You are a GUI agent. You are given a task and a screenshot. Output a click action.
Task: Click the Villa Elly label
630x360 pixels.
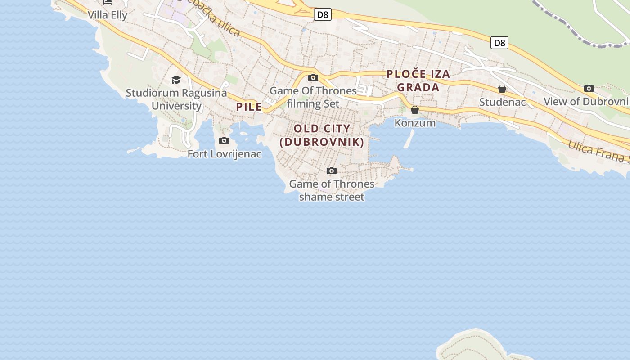click(108, 15)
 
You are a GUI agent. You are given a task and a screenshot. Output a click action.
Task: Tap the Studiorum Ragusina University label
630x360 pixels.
click(176, 99)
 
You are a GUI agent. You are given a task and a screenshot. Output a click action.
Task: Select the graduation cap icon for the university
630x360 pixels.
click(176, 80)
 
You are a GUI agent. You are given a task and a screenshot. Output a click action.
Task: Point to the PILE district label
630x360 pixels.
click(249, 107)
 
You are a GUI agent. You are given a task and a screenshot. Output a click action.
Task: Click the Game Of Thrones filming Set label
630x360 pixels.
click(313, 97)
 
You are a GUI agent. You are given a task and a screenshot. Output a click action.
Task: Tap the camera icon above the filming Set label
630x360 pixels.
click(313, 78)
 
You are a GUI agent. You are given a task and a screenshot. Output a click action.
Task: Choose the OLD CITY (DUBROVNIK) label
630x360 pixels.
click(322, 135)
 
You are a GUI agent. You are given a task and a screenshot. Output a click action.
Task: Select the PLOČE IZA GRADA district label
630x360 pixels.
click(418, 81)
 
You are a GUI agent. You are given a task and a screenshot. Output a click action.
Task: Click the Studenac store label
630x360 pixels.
click(502, 102)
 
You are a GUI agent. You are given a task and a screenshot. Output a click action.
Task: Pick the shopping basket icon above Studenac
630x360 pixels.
click(502, 89)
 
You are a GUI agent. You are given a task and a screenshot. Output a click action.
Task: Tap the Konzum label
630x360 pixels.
click(415, 123)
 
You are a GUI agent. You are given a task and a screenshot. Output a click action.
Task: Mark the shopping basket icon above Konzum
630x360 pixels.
click(415, 110)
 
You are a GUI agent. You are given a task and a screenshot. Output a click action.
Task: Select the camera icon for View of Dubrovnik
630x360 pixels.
click(589, 88)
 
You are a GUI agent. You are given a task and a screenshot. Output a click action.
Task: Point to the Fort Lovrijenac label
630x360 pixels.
click(224, 154)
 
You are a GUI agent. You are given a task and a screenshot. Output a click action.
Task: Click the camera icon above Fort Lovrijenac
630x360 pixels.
click(224, 141)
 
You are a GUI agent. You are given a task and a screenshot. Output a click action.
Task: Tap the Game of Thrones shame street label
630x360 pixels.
click(332, 190)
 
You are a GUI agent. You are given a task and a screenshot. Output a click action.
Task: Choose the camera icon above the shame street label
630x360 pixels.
click(332, 171)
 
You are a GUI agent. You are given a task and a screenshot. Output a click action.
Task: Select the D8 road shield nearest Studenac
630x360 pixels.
click(499, 43)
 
